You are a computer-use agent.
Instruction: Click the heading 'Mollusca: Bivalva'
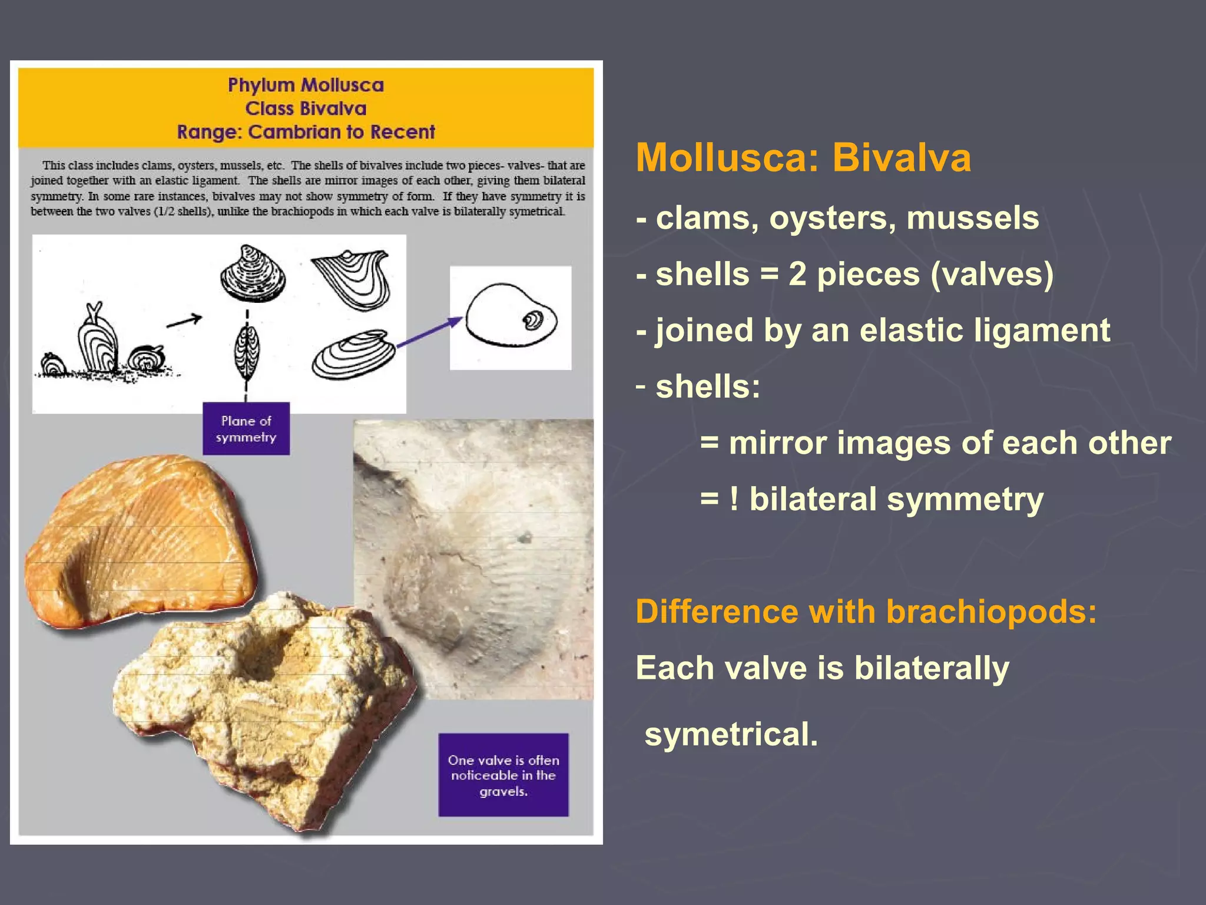click(x=803, y=158)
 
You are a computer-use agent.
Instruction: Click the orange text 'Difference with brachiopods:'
click(x=866, y=611)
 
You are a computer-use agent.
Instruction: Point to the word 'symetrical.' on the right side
click(x=731, y=734)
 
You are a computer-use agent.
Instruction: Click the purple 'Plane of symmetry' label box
click(x=246, y=428)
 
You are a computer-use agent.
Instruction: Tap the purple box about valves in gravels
click(x=503, y=775)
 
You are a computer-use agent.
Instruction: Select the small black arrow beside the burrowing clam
click(x=184, y=321)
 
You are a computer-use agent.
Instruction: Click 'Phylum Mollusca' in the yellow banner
click(x=306, y=85)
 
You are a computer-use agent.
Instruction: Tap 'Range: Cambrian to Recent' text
click(x=306, y=132)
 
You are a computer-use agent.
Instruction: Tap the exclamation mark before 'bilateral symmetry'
click(x=734, y=499)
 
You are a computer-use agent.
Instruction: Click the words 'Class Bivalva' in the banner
click(x=306, y=109)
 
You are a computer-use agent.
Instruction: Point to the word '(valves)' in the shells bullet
click(x=992, y=275)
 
